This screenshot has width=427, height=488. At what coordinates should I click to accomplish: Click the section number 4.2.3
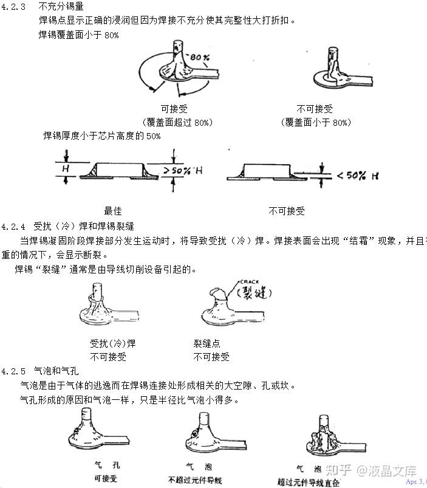[13, 7]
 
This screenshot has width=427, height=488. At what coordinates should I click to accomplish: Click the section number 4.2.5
[13, 371]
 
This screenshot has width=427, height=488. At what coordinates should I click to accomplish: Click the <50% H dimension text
[358, 176]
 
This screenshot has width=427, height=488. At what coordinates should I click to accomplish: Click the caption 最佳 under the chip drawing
[113, 211]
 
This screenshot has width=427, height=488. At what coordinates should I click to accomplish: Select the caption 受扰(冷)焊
[113, 343]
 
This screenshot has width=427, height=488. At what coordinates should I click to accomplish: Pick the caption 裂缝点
[207, 343]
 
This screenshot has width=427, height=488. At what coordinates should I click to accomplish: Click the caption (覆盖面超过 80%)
[176, 122]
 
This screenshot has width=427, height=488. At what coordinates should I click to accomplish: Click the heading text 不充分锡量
[61, 7]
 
